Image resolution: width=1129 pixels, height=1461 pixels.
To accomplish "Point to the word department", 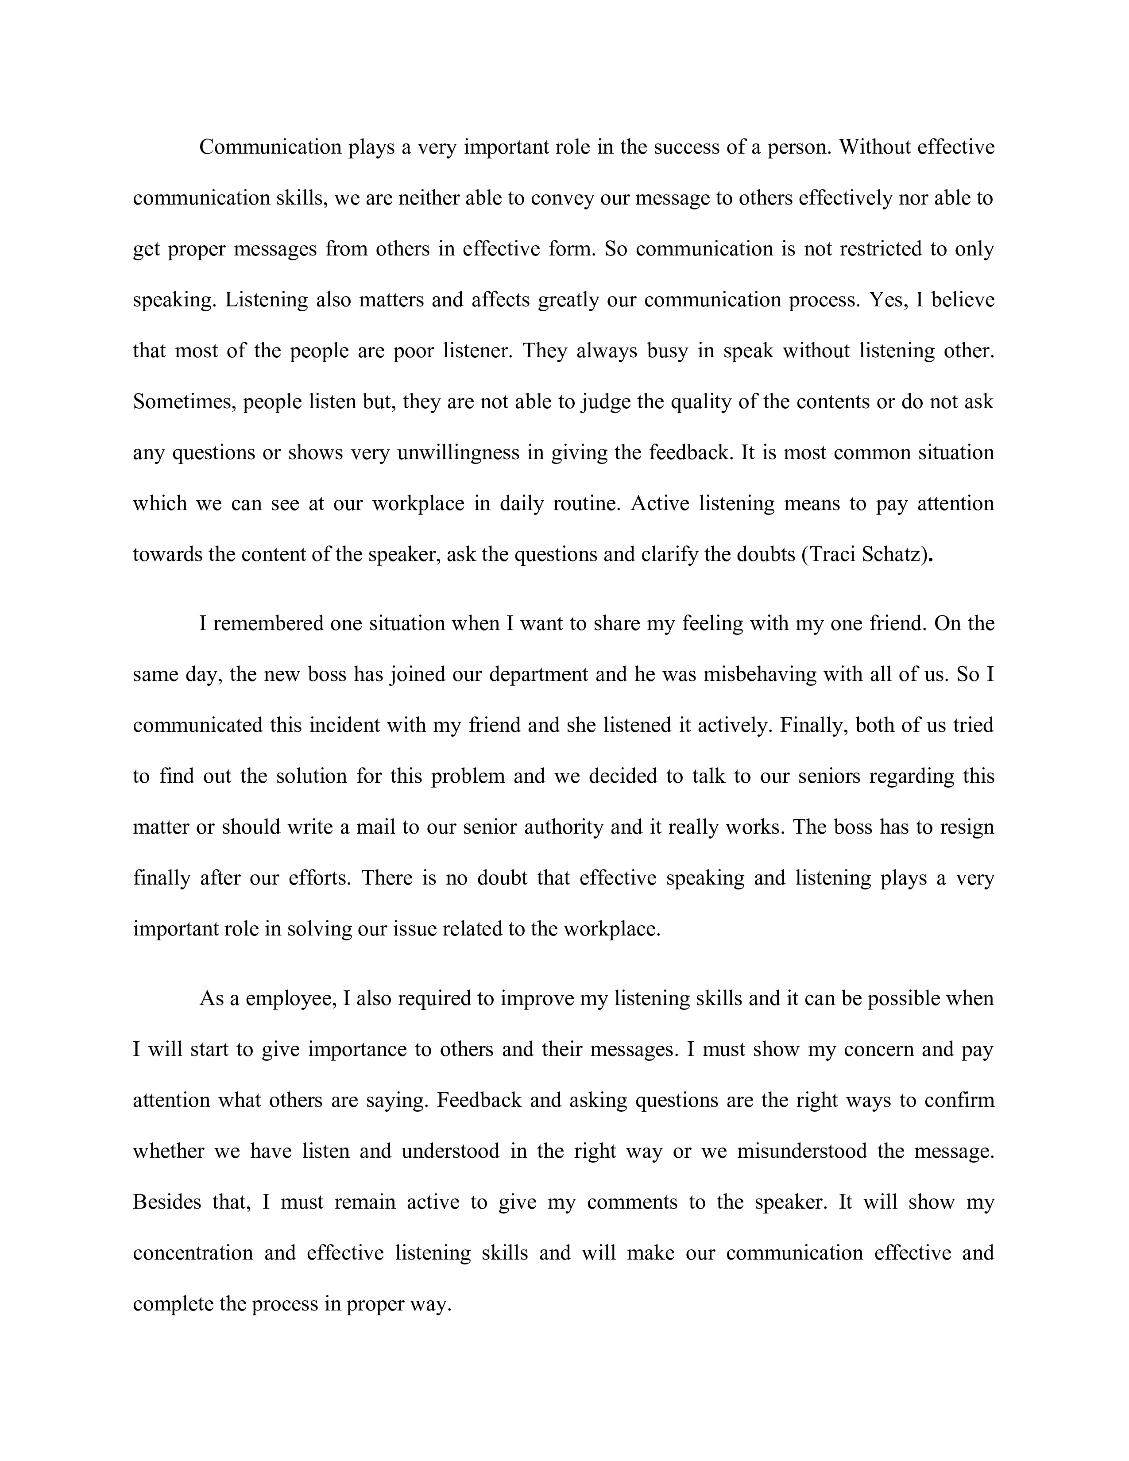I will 538,674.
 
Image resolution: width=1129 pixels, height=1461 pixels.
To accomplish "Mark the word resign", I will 967,827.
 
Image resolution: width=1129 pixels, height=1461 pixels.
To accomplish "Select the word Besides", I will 167,1202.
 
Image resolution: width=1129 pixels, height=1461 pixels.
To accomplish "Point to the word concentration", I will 193,1253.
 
